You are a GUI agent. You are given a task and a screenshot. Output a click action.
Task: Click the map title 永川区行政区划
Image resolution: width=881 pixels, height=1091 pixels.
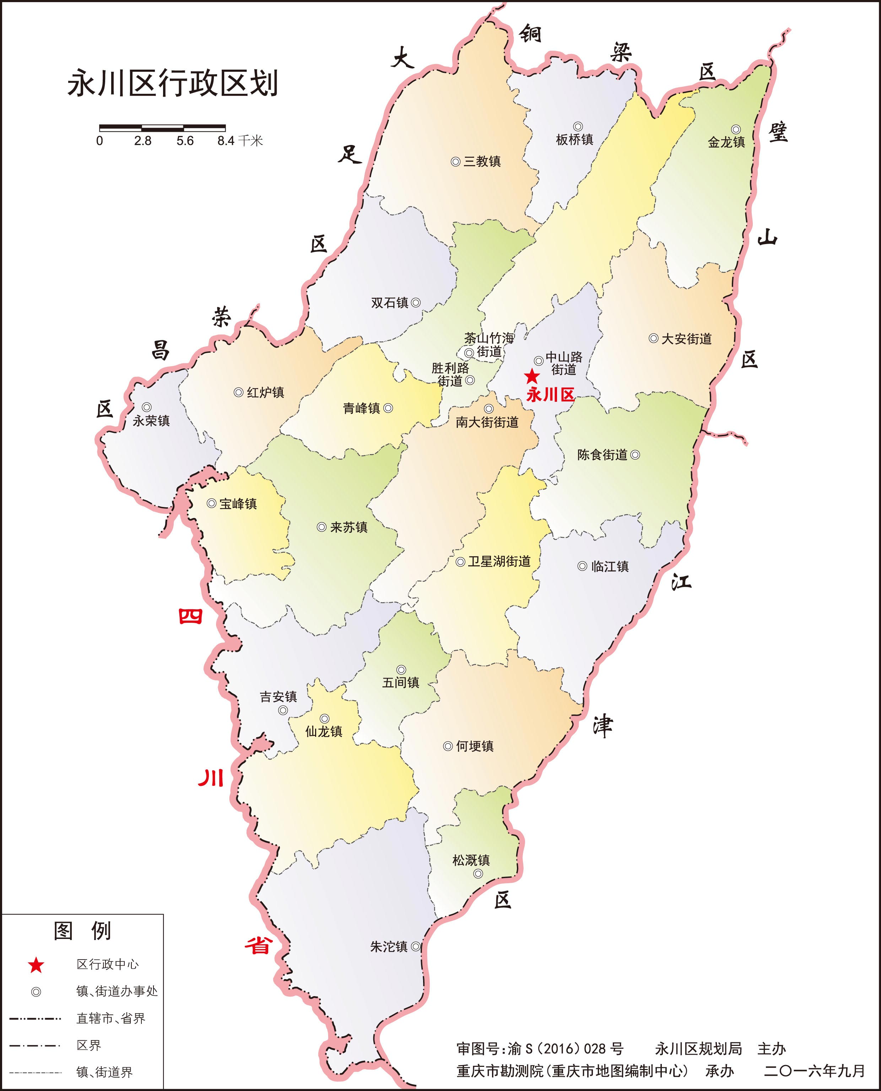tap(173, 84)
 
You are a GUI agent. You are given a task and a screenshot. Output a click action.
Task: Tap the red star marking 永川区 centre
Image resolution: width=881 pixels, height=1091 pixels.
tap(531, 377)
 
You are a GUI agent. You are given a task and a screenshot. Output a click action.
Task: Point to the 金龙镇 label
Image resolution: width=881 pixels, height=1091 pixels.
tap(726, 142)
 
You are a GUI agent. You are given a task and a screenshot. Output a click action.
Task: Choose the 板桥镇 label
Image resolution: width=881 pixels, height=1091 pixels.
tap(574, 139)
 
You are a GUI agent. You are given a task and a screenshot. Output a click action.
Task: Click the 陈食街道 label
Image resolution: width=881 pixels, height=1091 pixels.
tap(602, 455)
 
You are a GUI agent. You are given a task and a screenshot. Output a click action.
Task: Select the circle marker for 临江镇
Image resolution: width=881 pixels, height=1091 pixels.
tap(583, 566)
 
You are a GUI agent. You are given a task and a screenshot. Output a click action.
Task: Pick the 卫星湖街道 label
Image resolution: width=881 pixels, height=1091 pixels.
tap(499, 562)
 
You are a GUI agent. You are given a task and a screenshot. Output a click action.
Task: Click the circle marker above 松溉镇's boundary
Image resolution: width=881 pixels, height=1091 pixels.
tap(477, 873)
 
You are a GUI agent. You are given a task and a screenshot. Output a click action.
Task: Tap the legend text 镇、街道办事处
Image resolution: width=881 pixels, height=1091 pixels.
tap(117, 991)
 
